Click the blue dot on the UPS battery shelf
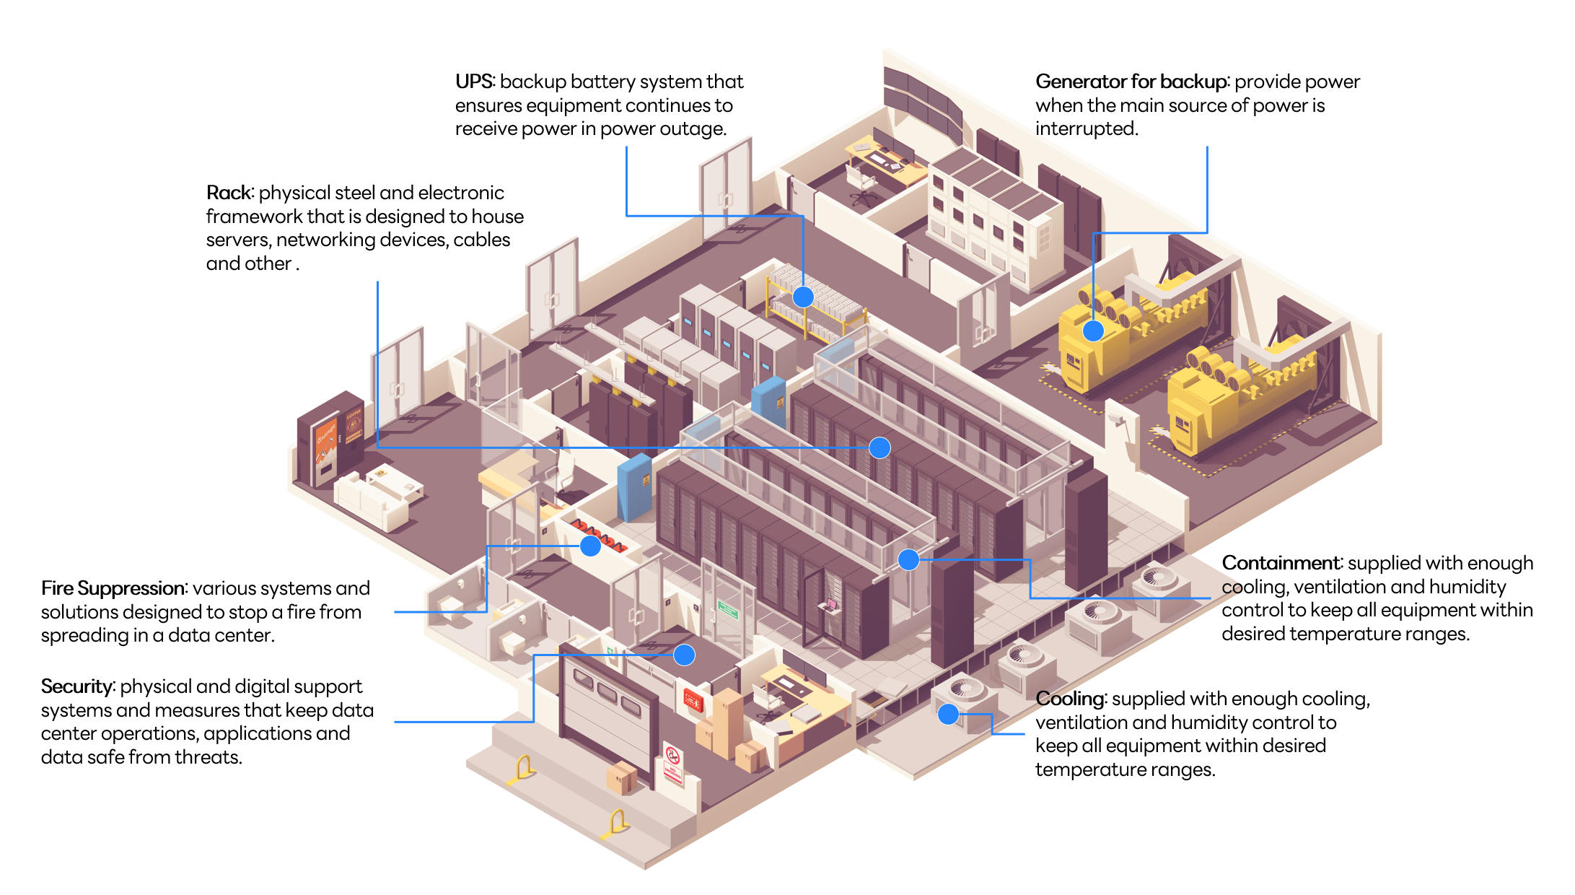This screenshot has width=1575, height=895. coord(803,297)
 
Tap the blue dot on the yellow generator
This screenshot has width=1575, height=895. coord(1093,331)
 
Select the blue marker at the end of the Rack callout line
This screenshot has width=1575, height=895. coord(879,448)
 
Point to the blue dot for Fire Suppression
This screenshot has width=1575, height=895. coord(590,546)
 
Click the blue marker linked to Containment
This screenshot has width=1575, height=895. coord(908,559)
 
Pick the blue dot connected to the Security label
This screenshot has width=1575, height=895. coord(684,655)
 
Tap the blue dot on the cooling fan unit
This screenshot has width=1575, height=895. coord(948,715)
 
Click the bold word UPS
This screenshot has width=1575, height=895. coord(474,82)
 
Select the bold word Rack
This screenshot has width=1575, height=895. coord(229,193)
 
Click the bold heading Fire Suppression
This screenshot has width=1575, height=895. coord(113,588)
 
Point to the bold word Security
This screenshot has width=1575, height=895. coord(76,686)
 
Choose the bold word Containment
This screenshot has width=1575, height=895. coord(1281,563)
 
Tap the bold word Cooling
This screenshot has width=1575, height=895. coord(1070,699)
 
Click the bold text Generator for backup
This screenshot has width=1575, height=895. coord(1131,82)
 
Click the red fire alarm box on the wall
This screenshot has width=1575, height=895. coord(693,699)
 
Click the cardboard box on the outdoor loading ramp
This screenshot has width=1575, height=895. coord(621,777)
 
